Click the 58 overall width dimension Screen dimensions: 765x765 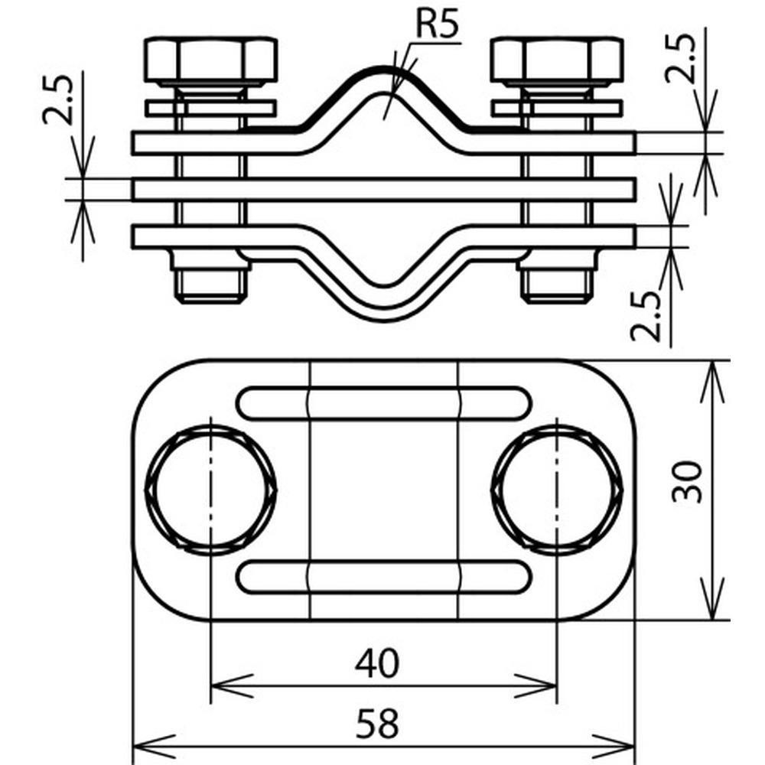coord(377,723)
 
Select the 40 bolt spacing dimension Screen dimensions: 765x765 coord(377,663)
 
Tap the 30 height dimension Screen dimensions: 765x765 coord(687,481)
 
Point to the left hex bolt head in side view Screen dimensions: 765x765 coord(211,60)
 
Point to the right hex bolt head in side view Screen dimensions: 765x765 coord(557,60)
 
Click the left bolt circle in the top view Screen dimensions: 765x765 coord(211,490)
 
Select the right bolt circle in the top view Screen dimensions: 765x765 coord(557,490)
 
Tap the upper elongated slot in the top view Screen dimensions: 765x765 coord(384,403)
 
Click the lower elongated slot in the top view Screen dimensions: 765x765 coord(384,578)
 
